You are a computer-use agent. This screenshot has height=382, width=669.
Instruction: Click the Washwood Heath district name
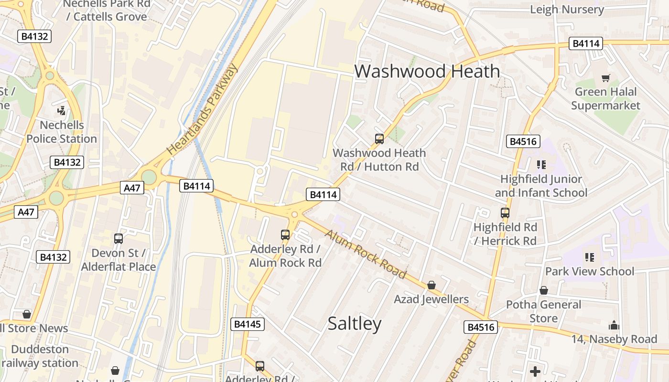click(427, 72)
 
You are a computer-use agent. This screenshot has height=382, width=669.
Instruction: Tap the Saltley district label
click(355, 323)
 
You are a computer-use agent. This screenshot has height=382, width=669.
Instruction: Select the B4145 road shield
click(247, 324)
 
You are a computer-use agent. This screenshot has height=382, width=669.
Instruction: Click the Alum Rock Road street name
click(366, 254)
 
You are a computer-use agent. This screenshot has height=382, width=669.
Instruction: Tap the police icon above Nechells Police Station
click(61, 111)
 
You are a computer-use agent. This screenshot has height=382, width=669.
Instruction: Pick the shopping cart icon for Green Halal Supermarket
click(605, 78)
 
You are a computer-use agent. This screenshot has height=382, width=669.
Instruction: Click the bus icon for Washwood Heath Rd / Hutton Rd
click(379, 139)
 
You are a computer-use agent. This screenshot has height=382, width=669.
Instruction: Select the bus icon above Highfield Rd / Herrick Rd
click(505, 213)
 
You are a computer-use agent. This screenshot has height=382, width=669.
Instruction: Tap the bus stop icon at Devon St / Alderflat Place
click(119, 239)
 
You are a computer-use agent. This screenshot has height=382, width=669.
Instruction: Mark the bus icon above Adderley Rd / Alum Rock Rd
click(285, 235)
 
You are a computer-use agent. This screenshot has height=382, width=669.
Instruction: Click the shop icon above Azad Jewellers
click(431, 285)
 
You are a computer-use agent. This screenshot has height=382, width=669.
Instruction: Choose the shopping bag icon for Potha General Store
click(543, 290)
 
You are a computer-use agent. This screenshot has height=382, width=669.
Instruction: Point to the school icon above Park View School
click(590, 257)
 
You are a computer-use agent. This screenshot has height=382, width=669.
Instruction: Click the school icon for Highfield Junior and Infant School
click(541, 165)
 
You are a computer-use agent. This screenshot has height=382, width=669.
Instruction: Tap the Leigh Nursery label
click(567, 10)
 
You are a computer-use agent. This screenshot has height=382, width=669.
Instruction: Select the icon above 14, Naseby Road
click(614, 326)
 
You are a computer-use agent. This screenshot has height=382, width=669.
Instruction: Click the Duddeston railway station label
click(40, 356)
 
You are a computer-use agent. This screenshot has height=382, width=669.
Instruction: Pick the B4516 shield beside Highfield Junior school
click(524, 141)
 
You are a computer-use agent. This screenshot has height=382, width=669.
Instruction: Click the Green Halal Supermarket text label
click(605, 98)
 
